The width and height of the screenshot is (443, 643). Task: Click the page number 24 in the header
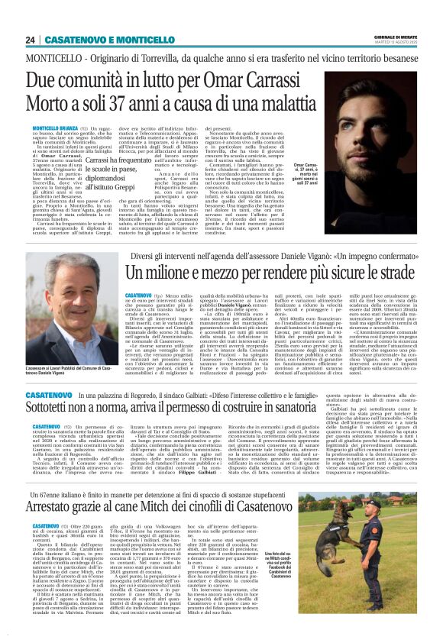pos(30,40)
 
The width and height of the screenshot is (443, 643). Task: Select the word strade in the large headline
pos(395,273)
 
